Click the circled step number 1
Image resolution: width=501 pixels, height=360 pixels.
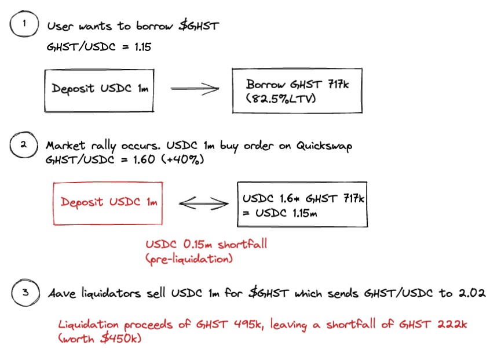[24, 24]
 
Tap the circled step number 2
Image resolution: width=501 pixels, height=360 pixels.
[24, 145]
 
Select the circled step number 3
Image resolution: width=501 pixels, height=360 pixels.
[25, 293]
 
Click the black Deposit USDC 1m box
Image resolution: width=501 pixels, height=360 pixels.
[100, 91]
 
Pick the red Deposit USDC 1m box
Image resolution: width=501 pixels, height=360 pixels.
[108, 203]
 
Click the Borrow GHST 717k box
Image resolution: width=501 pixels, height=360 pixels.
[297, 90]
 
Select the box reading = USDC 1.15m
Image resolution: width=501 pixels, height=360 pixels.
[302, 204]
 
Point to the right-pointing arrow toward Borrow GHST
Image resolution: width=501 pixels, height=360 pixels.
[195, 89]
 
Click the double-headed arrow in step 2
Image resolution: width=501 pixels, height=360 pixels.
[203, 203]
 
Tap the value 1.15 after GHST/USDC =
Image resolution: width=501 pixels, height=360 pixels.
[142, 48]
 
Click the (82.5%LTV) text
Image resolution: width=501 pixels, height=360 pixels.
[281, 99]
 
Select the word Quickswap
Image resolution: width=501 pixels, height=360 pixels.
[324, 146]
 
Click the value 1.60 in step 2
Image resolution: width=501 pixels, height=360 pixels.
[144, 159]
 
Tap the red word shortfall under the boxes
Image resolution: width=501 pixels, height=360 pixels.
[242, 244]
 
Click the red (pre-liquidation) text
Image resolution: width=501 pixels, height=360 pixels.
[189, 259]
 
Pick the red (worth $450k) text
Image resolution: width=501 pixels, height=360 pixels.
[100, 339]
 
